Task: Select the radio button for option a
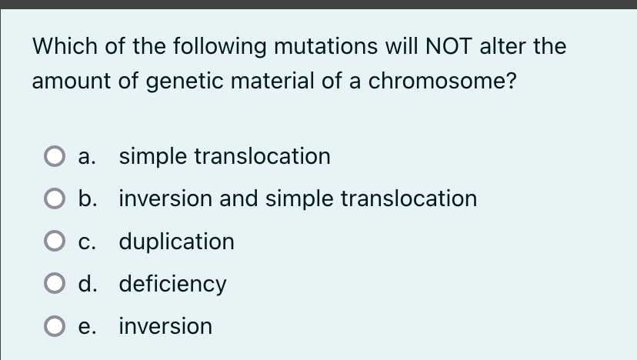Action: pyautogui.click(x=53, y=158)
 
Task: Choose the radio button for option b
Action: pyautogui.click(x=53, y=200)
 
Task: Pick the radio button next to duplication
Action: pyautogui.click(x=53, y=242)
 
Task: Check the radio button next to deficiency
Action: pyautogui.click(x=53, y=285)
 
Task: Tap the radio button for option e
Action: pyautogui.click(x=53, y=327)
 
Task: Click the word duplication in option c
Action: pyautogui.click(x=176, y=242)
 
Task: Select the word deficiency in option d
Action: pyautogui.click(x=172, y=284)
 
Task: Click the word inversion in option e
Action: pyautogui.click(x=165, y=326)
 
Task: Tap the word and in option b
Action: pyautogui.click(x=238, y=198)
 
